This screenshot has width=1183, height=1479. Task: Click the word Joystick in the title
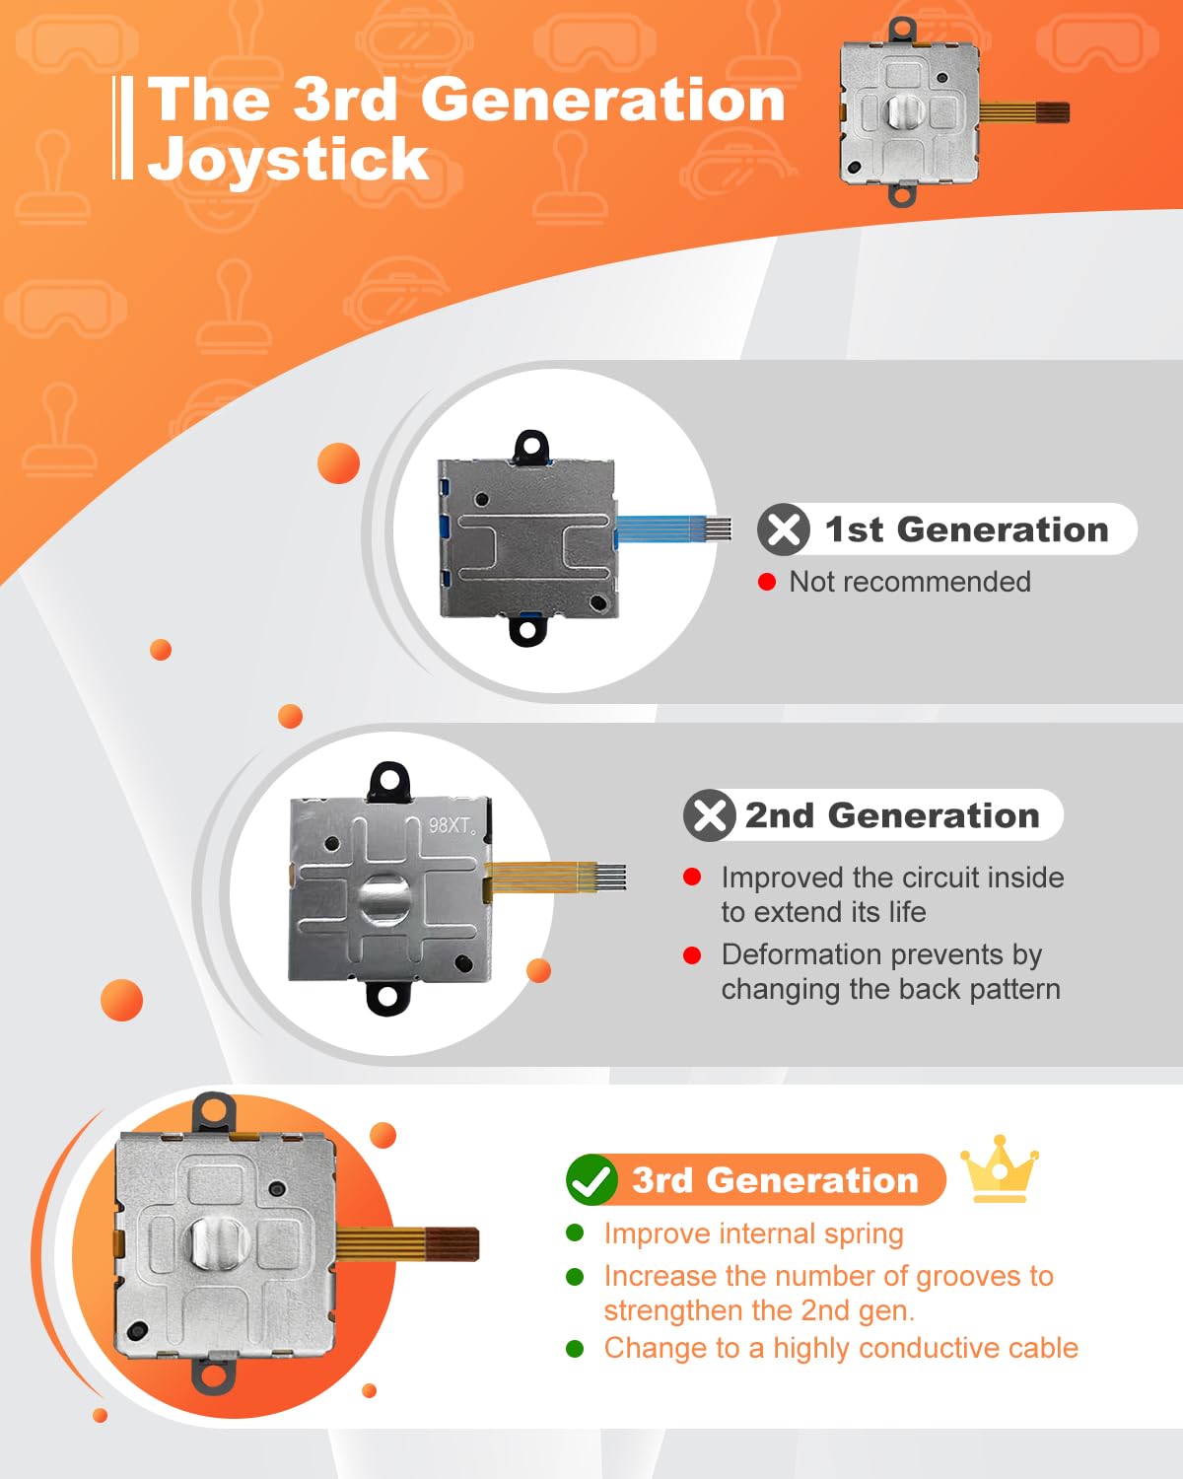289,160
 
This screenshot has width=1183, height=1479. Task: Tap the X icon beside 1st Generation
784,529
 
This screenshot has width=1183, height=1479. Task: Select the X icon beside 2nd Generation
710,815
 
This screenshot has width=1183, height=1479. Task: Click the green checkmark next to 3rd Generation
591,1179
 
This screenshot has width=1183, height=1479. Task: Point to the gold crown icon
1000,1168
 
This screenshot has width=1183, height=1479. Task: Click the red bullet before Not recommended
766,582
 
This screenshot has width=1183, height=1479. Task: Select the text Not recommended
910,582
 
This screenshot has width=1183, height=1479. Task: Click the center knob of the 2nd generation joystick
385,899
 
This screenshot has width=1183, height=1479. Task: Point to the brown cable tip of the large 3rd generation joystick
452,1244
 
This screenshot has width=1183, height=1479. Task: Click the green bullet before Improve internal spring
575,1232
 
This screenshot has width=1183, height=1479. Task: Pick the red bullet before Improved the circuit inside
692,877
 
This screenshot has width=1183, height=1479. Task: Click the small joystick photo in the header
952,112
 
